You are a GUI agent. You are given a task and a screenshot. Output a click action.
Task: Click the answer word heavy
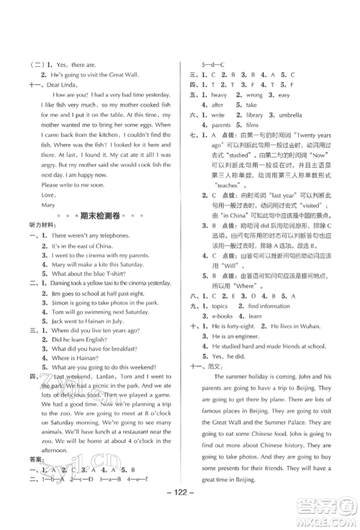pyautogui.click(x=219, y=94)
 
